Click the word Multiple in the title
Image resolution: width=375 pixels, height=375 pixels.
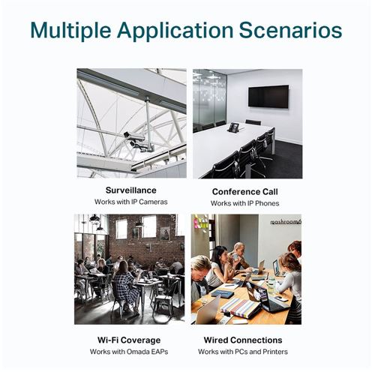[x=70, y=31]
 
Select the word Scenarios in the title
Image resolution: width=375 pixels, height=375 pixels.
[x=290, y=31]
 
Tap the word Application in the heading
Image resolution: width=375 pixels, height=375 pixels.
[x=175, y=31]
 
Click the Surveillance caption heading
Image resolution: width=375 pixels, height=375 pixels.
[x=131, y=190]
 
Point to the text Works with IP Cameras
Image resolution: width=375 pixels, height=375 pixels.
[x=131, y=202]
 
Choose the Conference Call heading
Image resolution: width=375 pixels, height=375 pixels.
[x=245, y=192]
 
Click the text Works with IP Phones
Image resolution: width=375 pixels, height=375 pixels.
[x=245, y=203]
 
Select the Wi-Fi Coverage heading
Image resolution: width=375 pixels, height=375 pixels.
[x=129, y=340]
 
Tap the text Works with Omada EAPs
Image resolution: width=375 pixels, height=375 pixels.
[x=129, y=352]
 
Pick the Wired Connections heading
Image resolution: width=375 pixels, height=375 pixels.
[x=243, y=340]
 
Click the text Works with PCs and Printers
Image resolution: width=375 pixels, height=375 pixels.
[x=243, y=352]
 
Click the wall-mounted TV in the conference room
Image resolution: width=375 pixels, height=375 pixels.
[x=268, y=97]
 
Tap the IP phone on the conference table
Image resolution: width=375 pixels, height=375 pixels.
[x=233, y=127]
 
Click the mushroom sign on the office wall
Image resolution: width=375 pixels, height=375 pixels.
[x=286, y=222]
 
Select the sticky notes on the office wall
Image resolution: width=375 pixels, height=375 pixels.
[x=201, y=222]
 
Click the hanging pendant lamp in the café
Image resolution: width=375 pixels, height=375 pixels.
[x=94, y=219]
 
